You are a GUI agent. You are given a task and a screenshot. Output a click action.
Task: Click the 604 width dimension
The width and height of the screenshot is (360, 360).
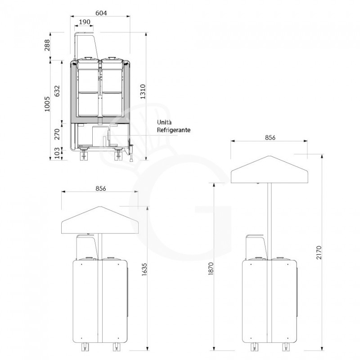click(101, 13)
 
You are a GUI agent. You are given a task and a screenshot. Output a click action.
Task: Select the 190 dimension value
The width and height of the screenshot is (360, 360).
click(85, 22)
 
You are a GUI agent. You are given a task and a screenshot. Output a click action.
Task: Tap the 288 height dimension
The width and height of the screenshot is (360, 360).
click(47, 45)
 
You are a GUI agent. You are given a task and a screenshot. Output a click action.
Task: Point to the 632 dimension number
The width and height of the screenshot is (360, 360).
click(57, 91)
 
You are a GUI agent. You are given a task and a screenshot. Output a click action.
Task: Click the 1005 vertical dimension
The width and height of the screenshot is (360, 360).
click(47, 104)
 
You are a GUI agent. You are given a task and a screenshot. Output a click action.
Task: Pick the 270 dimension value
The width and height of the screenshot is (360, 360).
click(57, 134)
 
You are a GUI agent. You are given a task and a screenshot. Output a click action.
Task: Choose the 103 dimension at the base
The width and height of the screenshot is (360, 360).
click(57, 153)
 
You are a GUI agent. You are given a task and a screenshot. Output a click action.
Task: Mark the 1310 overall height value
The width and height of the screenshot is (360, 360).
click(143, 92)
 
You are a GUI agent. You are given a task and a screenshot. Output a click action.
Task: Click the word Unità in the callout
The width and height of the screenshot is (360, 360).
click(164, 122)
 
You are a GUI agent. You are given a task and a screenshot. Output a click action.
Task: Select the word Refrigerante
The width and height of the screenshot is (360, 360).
click(174, 130)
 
